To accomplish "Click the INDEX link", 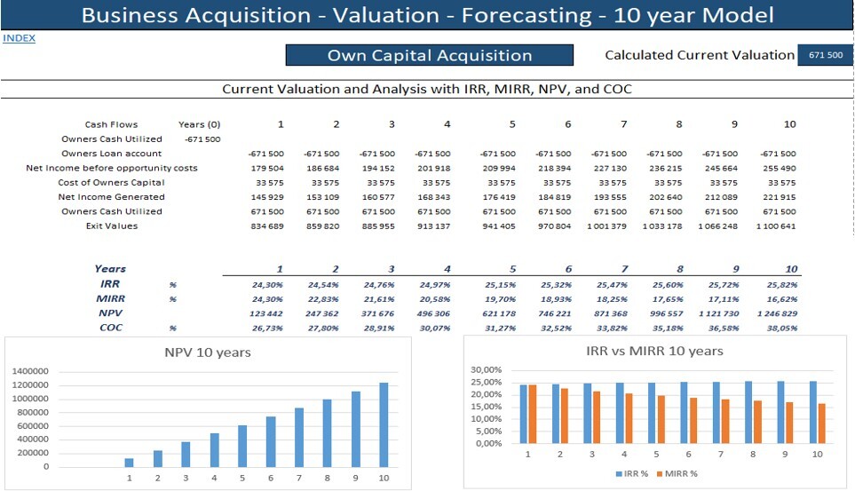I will [19, 38].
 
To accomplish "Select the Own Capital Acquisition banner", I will [430, 55].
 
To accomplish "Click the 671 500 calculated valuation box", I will [825, 55].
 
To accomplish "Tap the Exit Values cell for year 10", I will [778, 226].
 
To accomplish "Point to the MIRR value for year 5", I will [497, 299].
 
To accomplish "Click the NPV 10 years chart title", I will [208, 352].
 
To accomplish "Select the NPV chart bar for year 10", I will [384, 424].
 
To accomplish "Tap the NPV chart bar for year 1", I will [130, 462].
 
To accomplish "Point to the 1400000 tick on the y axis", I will [30, 371].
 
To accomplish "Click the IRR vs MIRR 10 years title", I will [655, 351].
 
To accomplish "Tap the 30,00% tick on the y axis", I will [487, 369].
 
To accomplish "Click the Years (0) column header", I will [199, 124].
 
